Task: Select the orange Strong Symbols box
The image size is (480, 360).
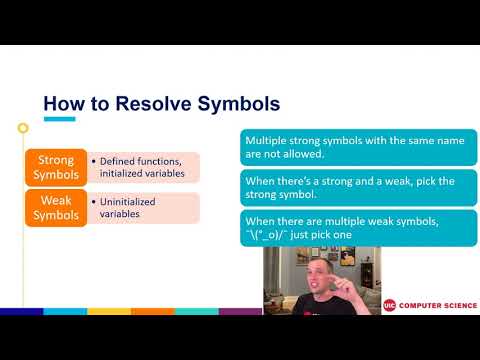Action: point(56,167)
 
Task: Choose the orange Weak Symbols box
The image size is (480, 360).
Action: point(56,207)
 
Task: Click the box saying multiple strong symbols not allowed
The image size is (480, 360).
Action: point(359,148)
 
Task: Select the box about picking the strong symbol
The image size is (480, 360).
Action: point(359,187)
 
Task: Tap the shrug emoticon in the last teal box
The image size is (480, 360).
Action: point(274,234)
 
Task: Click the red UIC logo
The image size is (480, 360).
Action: point(389,304)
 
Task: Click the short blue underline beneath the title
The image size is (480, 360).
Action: point(59,120)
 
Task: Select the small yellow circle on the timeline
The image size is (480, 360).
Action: point(22,127)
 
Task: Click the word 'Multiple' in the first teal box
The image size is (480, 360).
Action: point(269,141)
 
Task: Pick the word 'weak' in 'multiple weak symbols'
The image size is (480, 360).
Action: point(387,221)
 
